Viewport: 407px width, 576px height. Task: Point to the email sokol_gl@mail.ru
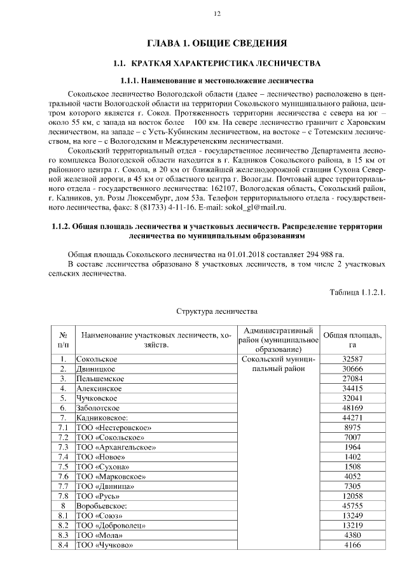point(257,207)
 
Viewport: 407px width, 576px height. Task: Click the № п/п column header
point(63,340)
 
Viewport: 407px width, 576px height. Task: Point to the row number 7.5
point(63,467)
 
